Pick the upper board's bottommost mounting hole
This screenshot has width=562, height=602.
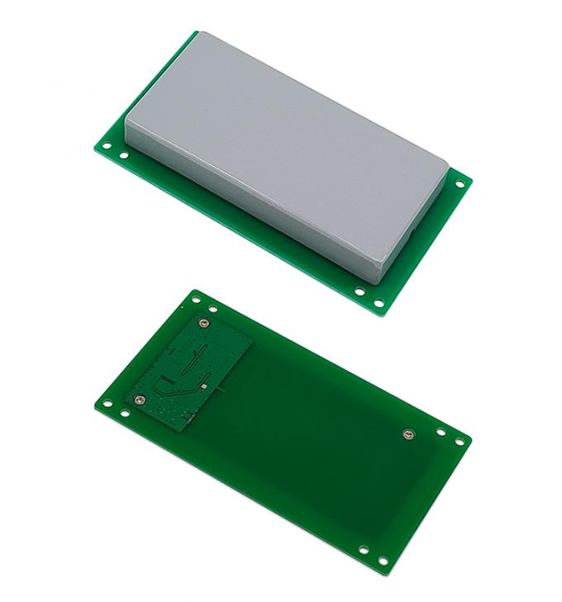[x=379, y=305]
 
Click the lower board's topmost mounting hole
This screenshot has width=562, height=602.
[x=195, y=299]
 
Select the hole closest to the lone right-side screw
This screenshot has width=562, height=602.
[x=440, y=431]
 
